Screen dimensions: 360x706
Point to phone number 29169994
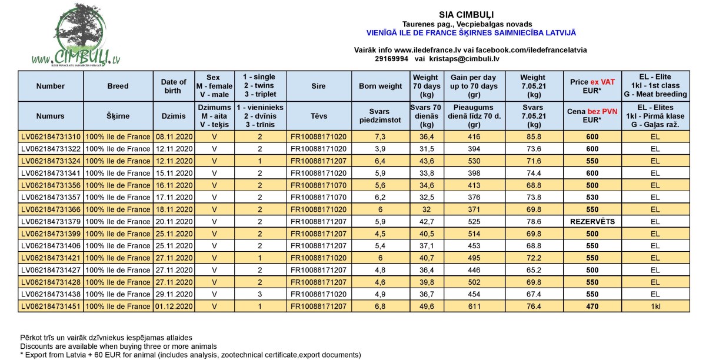(391, 59)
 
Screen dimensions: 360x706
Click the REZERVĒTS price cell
(591, 222)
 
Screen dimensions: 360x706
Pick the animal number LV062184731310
(51, 136)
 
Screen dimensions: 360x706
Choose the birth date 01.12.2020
(174, 306)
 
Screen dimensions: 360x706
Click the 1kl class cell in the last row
(655, 306)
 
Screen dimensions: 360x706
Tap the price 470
(591, 306)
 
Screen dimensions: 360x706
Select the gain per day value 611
(474, 306)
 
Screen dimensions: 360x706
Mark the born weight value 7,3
(381, 136)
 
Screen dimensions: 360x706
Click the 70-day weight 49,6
(425, 306)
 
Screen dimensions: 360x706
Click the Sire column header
(318, 86)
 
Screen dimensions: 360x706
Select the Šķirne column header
(118, 116)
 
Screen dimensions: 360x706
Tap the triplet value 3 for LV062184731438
(259, 294)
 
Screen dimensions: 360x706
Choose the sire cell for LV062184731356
(318, 185)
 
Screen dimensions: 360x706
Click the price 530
(591, 197)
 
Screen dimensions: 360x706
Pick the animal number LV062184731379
(51, 222)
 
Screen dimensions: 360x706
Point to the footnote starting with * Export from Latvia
(189, 355)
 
